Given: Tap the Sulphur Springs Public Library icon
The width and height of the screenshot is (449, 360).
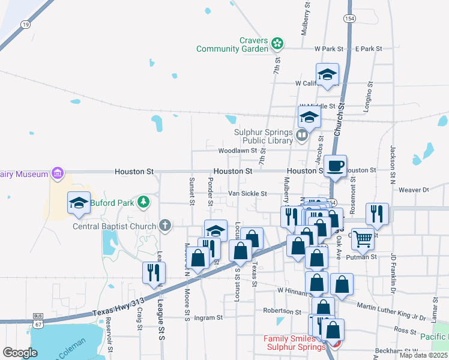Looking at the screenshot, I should [x=301, y=136].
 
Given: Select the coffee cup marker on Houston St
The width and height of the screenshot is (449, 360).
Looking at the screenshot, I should [x=336, y=165].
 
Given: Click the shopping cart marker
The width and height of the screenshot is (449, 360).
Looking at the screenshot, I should [x=363, y=238].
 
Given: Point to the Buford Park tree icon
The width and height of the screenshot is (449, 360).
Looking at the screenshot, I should [x=143, y=202].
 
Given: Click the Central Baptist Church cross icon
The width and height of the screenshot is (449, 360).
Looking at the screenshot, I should [x=165, y=226].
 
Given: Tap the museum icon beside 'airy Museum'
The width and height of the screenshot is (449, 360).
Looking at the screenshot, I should [x=58, y=174].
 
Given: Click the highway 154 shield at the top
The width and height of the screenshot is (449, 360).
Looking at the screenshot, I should [x=349, y=19].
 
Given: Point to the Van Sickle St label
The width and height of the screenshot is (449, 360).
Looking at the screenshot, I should [x=247, y=194].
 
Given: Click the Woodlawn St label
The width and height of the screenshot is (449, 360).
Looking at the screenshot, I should [x=237, y=151].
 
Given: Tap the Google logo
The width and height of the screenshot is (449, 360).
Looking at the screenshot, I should [x=20, y=353].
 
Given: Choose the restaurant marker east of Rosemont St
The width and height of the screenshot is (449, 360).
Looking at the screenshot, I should [x=377, y=213].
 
